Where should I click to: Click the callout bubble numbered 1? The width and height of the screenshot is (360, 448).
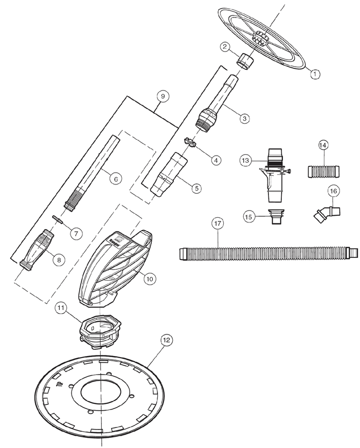tap(315, 73)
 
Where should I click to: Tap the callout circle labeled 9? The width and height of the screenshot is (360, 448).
tap(162, 96)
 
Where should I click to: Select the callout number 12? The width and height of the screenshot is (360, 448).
tap(166, 341)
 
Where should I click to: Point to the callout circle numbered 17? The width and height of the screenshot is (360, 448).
tap(218, 223)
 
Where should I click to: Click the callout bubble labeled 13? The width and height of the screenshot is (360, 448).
tap(246, 160)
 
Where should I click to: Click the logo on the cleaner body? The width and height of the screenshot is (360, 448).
tap(117, 237)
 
